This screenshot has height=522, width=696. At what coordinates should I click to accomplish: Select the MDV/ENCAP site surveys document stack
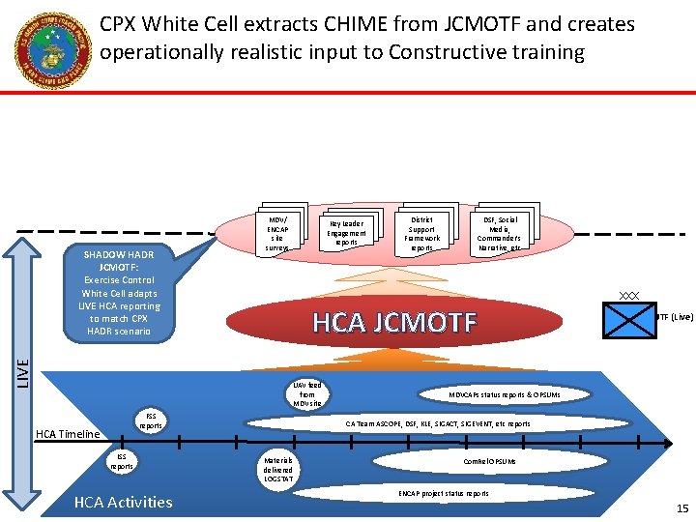click(277, 232)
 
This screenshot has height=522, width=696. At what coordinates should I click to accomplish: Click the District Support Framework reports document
click(421, 233)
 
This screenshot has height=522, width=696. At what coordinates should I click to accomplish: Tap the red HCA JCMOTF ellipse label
click(394, 322)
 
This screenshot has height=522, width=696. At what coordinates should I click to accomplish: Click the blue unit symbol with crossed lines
click(629, 319)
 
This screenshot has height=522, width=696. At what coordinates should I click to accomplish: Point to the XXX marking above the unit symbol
click(629, 295)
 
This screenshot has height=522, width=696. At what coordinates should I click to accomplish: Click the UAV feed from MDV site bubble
click(307, 394)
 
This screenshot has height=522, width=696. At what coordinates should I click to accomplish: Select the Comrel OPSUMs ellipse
click(489, 462)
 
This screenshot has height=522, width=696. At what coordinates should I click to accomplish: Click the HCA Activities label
click(123, 502)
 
